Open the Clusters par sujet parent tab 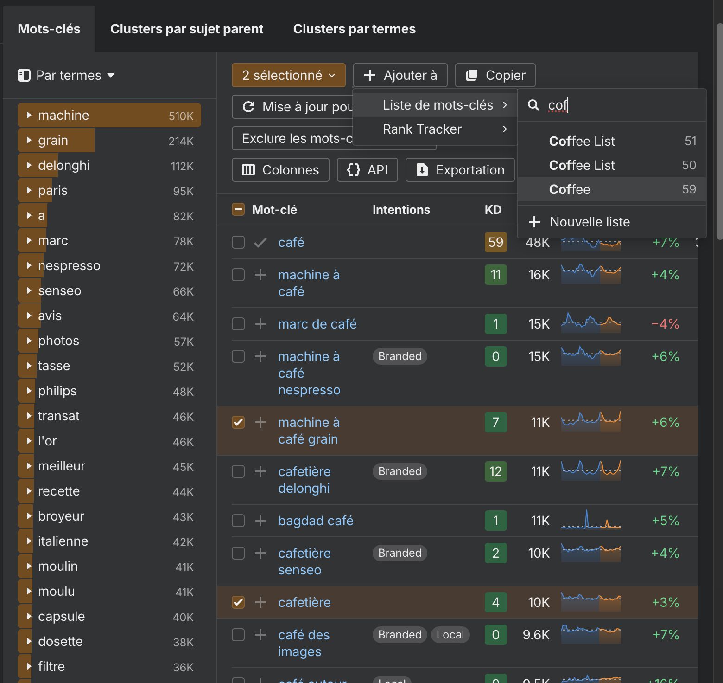tap(186, 29)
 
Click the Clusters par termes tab tap(354, 29)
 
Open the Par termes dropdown tap(66, 75)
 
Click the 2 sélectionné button tap(288, 75)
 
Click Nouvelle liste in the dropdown tap(589, 222)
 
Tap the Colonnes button tap(280, 170)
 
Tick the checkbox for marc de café tap(238, 324)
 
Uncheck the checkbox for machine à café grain tap(238, 422)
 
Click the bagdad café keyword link tap(316, 521)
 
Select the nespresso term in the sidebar tap(69, 265)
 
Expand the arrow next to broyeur tap(29, 516)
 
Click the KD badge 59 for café tap(495, 242)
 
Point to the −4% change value tap(665, 324)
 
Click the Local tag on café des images tap(450, 635)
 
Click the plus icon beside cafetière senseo tap(260, 553)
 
